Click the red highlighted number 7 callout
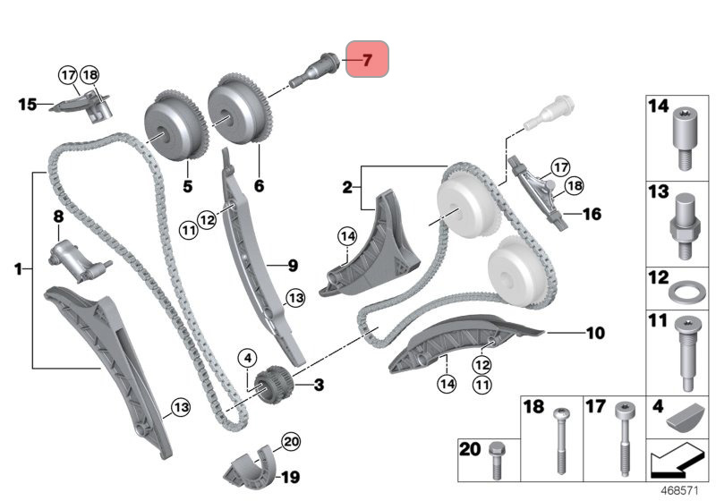point(368,59)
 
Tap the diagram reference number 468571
point(680,491)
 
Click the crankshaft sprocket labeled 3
point(273,383)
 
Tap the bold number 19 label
point(290,477)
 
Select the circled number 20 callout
point(291,441)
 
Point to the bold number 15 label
point(27,104)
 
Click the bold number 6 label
point(259,186)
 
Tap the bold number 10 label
point(595,333)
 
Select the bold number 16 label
point(592,214)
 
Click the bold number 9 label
point(293,266)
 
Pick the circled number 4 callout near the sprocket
point(248,358)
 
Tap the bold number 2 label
point(347,187)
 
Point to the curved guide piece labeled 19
point(249,467)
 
